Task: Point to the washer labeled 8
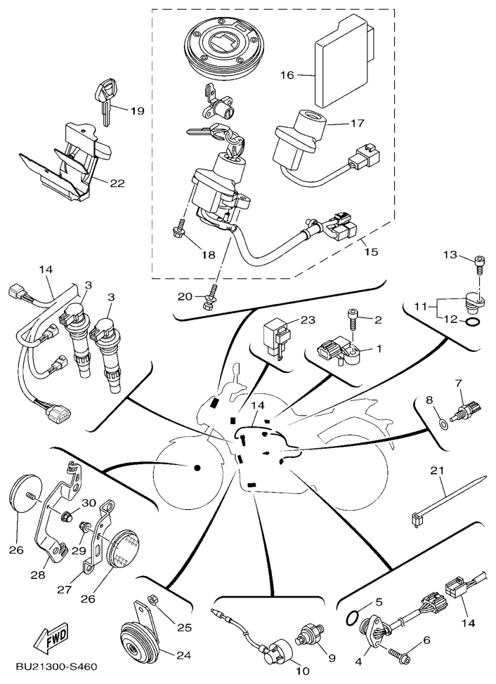pos(441,423)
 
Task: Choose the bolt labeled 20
pos(208,301)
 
